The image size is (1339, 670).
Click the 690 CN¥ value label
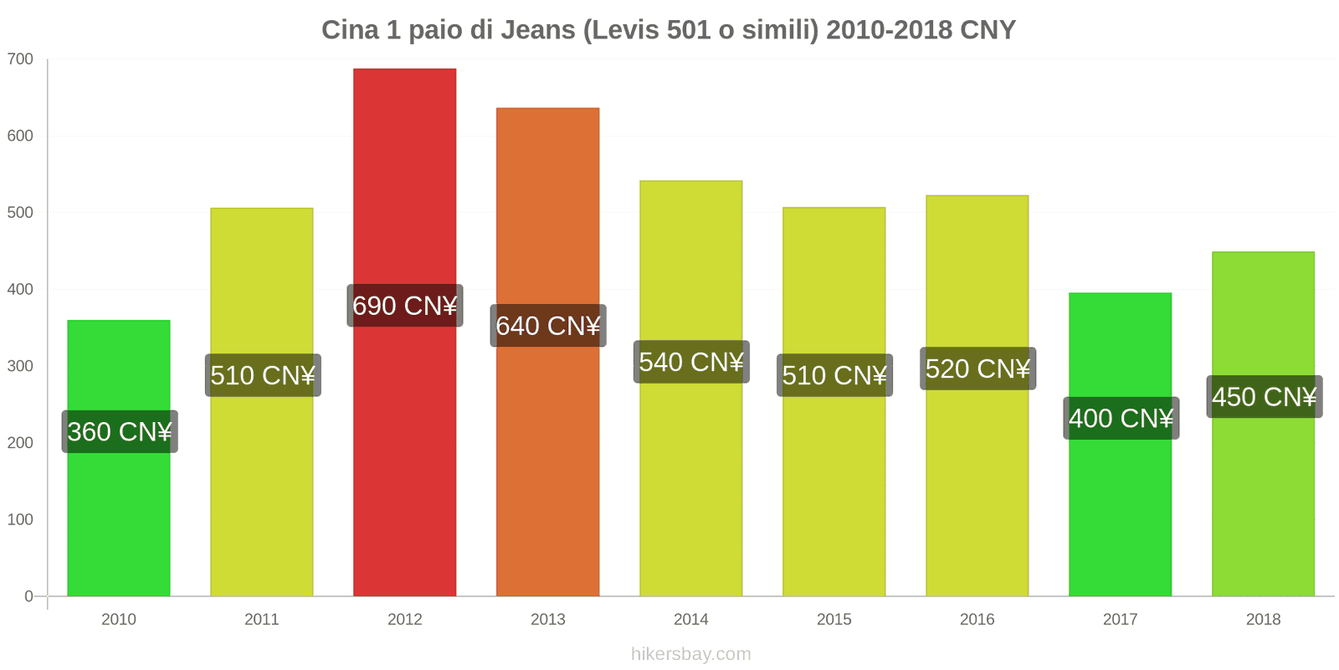pos(404,306)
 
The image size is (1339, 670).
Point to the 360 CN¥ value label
pos(119,431)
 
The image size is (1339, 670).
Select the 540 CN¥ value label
pos(690,362)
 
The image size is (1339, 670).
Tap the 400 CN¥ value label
pos(1121,418)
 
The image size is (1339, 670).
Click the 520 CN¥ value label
pos(977,368)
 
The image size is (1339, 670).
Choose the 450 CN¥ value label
pos(1264,396)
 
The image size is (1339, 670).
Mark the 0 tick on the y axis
pos(28,596)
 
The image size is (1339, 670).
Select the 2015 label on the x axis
pos(834,619)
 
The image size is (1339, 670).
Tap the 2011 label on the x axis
pos(261,619)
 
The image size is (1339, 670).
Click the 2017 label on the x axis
pos(1120,619)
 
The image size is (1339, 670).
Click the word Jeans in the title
pos(538,30)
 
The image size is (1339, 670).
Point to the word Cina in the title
pos(350,30)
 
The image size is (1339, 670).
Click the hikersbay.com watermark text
pos(690,654)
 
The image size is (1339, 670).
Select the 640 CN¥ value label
pos(547,326)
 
